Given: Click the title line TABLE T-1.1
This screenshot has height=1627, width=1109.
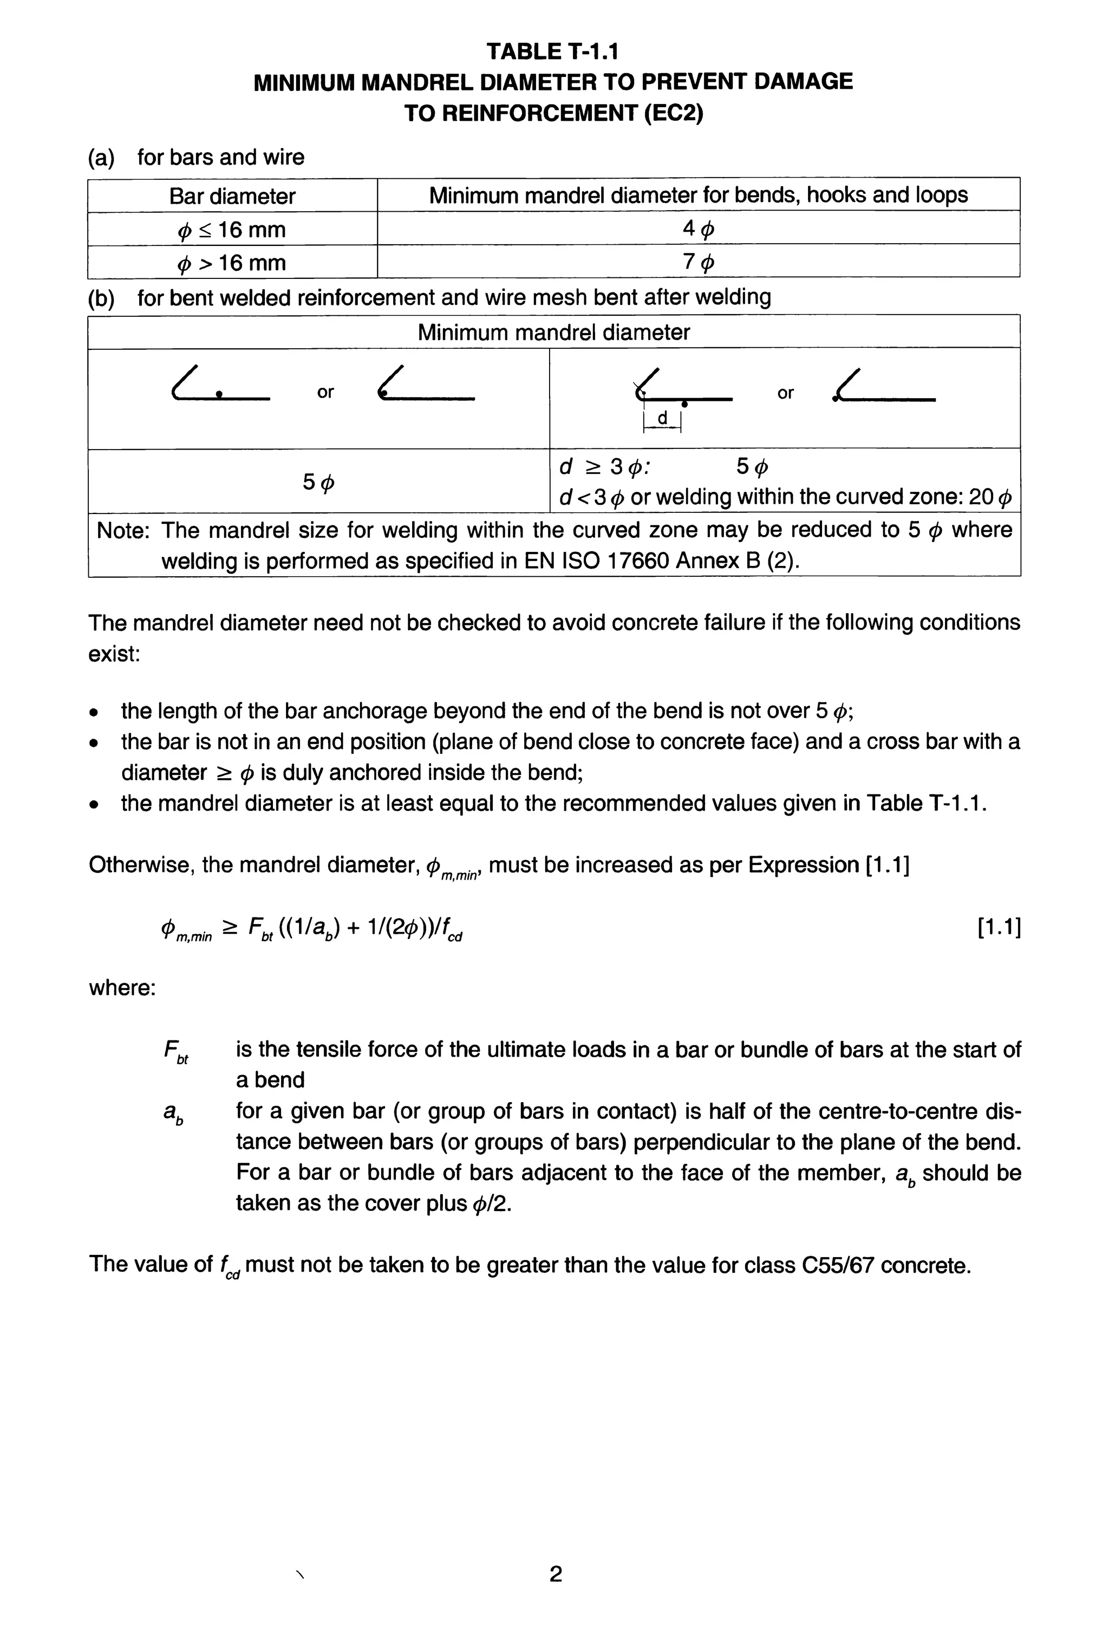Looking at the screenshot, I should pyautogui.click(x=553, y=51).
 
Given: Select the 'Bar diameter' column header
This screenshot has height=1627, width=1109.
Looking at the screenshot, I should pyautogui.click(x=232, y=196).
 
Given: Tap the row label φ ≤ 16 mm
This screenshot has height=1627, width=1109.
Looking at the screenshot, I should pyautogui.click(x=232, y=229).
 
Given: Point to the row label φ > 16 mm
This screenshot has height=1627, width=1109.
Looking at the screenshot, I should pyautogui.click(x=232, y=263).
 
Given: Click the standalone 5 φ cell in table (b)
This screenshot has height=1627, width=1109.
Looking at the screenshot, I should pyautogui.click(x=318, y=481).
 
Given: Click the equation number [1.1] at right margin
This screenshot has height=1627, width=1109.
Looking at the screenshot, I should pyautogui.click(x=999, y=928).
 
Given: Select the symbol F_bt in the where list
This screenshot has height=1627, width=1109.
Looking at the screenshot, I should pyautogui.click(x=175, y=1051).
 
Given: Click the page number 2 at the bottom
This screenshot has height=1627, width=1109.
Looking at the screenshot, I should pyautogui.click(x=555, y=1574).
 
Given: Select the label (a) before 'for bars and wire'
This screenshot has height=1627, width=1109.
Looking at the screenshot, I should pyautogui.click(x=101, y=157).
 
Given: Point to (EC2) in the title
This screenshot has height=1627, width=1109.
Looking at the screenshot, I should pyautogui.click(x=673, y=113).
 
